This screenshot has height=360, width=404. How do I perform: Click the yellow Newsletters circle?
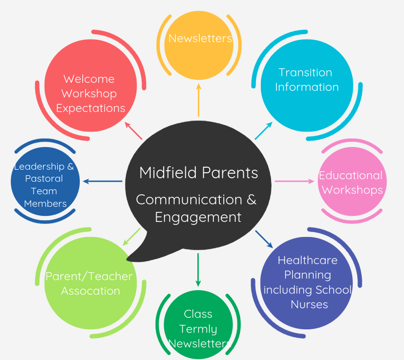pyautogui.click(x=199, y=45)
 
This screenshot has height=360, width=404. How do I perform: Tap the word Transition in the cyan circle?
pyautogui.click(x=305, y=72)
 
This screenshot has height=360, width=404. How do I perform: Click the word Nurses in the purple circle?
pyautogui.click(x=309, y=304)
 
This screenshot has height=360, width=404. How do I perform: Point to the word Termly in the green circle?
pyautogui.click(x=198, y=329)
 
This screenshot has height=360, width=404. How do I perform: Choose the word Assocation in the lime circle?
pyautogui.click(x=90, y=291)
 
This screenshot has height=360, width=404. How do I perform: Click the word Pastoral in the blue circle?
pyautogui.click(x=44, y=179)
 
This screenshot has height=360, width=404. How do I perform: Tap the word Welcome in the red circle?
pyautogui.click(x=89, y=79)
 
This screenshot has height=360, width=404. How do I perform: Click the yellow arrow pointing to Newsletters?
pyautogui.click(x=199, y=100)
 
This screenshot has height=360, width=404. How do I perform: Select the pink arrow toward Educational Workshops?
pyautogui.click(x=294, y=181)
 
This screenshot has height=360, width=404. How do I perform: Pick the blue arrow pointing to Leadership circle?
pyautogui.click(x=102, y=181)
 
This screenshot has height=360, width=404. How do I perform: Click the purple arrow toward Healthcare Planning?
pyautogui.click(x=264, y=239)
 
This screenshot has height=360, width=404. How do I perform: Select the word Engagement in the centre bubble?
pyautogui.click(x=198, y=217)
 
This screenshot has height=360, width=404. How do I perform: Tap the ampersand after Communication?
pyautogui.click(x=251, y=199)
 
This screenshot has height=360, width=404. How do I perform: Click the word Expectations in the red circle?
pyautogui.click(x=90, y=108)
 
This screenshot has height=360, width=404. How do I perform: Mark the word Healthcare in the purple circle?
pyautogui.click(x=307, y=260)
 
